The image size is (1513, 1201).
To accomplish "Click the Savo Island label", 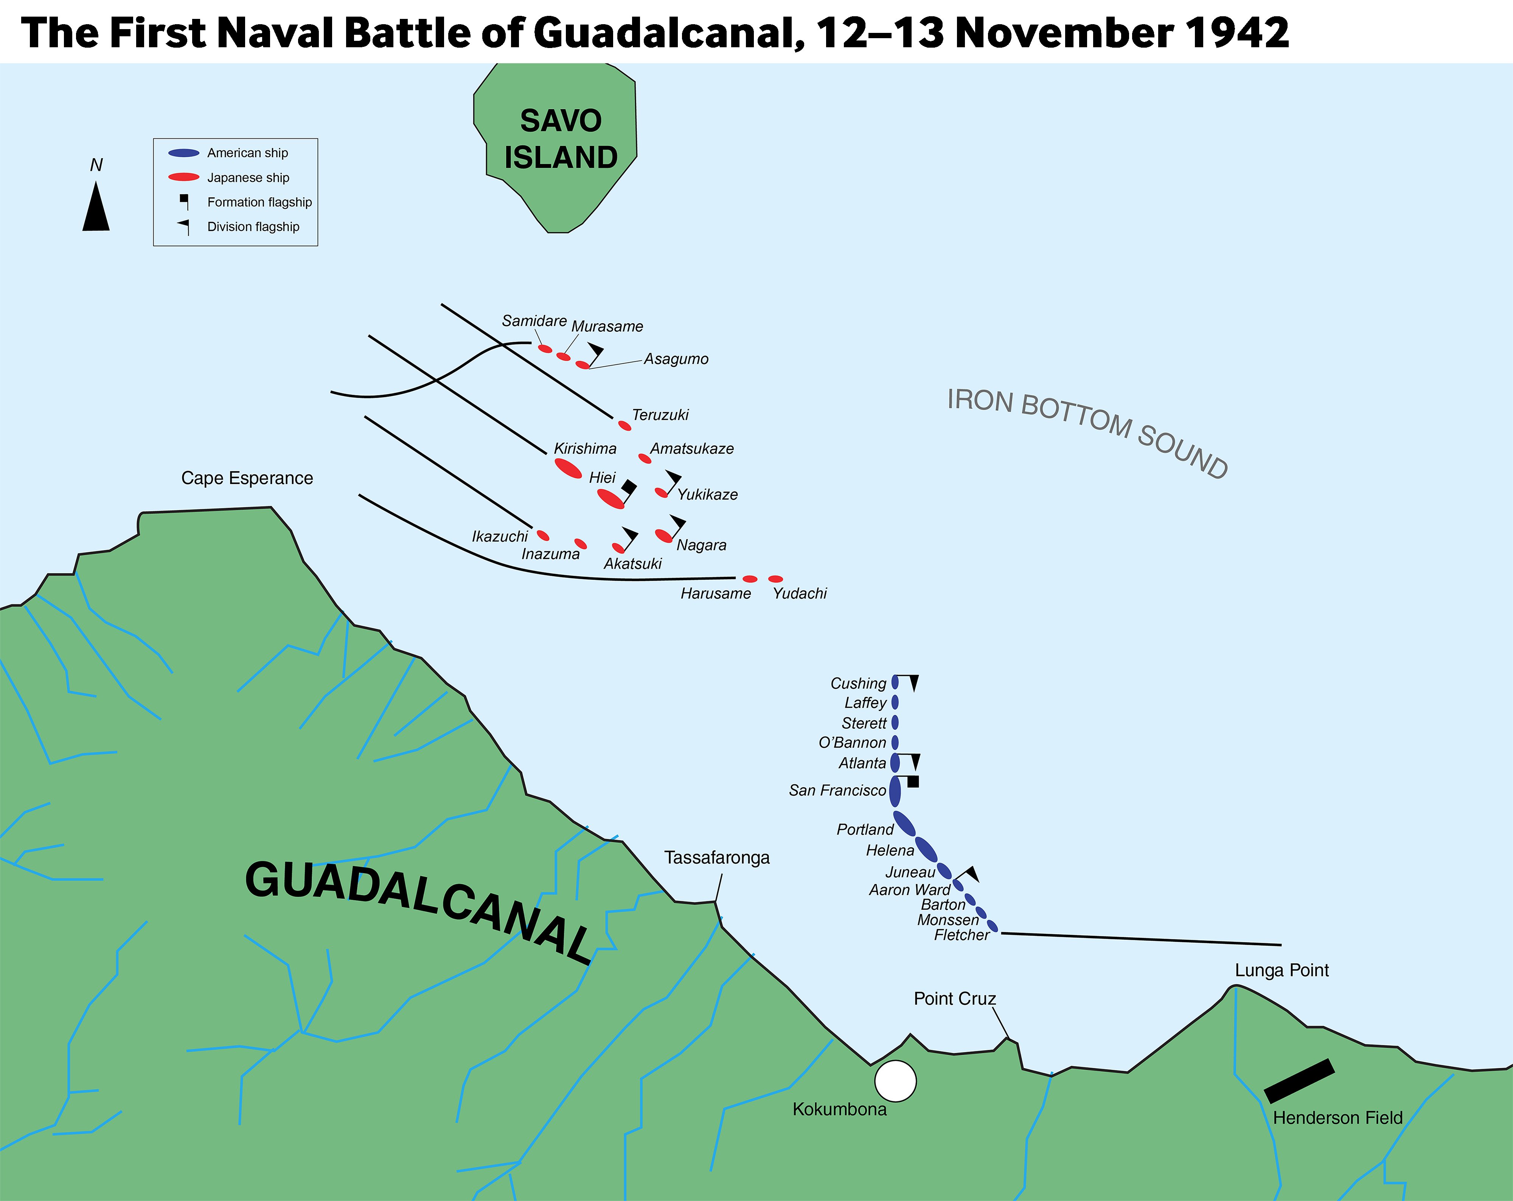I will [x=561, y=139].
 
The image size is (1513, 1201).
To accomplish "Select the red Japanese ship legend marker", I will [x=184, y=177].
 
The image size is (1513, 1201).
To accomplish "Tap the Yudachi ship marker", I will [x=775, y=579].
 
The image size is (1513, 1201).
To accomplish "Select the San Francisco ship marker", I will [x=895, y=791].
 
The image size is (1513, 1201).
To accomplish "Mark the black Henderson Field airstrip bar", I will [x=1299, y=1081].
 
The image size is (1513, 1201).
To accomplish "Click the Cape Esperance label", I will [x=247, y=479].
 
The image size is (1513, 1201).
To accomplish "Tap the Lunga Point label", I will [x=1282, y=970].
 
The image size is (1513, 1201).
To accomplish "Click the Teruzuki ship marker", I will [x=624, y=426].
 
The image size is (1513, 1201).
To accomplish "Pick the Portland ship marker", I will [x=904, y=824].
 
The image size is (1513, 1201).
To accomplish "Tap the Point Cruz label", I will [x=954, y=998].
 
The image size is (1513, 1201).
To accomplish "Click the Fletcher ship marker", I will [x=992, y=927].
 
